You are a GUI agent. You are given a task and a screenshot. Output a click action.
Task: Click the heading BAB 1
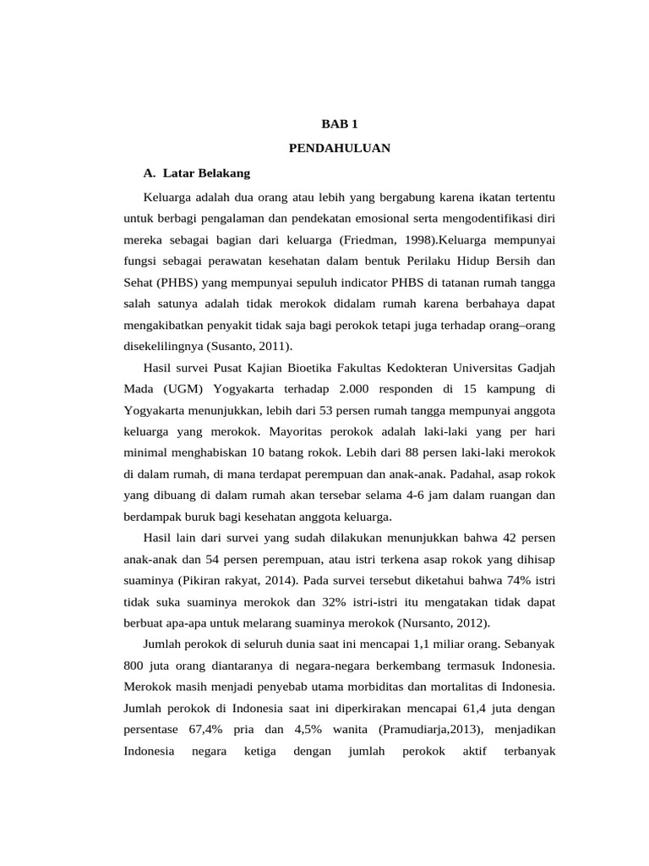pos(339,123)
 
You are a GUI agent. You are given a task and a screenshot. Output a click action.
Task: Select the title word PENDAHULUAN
pos(339,148)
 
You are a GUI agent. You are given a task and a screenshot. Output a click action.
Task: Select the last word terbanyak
pos(529,751)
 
